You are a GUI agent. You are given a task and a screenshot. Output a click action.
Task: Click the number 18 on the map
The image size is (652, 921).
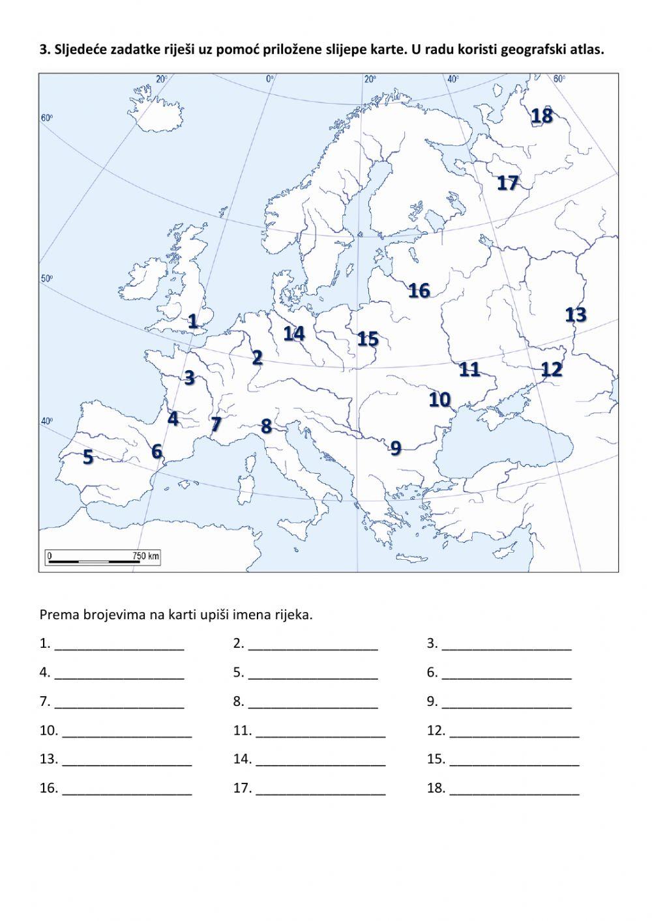(x=541, y=116)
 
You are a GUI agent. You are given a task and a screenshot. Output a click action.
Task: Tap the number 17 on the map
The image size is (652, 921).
(x=507, y=183)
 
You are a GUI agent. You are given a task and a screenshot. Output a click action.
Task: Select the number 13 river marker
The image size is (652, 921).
(x=576, y=315)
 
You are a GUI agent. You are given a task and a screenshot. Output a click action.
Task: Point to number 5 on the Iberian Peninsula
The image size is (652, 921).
(x=88, y=457)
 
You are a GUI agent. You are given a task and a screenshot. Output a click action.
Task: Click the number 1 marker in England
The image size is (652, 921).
(x=192, y=321)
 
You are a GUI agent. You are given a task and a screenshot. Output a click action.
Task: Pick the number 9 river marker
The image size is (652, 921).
(x=395, y=448)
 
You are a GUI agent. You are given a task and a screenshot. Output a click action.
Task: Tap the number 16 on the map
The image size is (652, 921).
(x=419, y=290)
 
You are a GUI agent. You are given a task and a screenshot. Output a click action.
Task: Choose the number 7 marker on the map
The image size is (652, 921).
(x=216, y=425)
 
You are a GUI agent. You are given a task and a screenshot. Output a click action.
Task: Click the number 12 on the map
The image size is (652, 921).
(x=552, y=370)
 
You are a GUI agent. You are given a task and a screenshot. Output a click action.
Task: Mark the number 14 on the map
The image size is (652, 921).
(x=294, y=333)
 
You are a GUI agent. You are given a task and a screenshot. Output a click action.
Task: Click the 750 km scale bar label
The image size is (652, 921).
(x=145, y=556)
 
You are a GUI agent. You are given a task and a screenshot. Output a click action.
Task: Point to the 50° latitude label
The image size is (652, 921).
(x=46, y=278)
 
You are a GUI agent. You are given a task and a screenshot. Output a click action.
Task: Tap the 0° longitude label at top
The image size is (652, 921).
(x=269, y=79)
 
